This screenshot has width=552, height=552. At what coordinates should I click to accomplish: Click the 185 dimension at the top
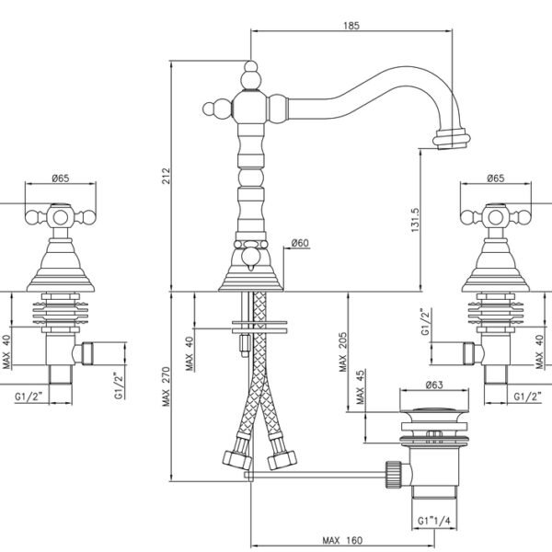[x=351, y=26]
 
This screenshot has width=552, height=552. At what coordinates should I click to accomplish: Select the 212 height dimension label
[x=166, y=176]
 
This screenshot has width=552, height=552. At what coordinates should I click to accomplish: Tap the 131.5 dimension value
[x=416, y=220]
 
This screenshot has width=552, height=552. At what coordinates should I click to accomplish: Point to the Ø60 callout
[x=300, y=243]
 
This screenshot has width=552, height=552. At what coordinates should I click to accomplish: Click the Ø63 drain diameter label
[x=434, y=385]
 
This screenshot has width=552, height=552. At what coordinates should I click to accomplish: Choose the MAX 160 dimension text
[x=342, y=540]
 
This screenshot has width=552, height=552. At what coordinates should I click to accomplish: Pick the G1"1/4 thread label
[x=434, y=521]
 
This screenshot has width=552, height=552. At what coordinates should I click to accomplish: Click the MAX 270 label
[x=167, y=386]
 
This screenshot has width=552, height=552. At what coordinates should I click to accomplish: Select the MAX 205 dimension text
[x=343, y=352]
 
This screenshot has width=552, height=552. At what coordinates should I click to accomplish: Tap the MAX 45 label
[x=360, y=387]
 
